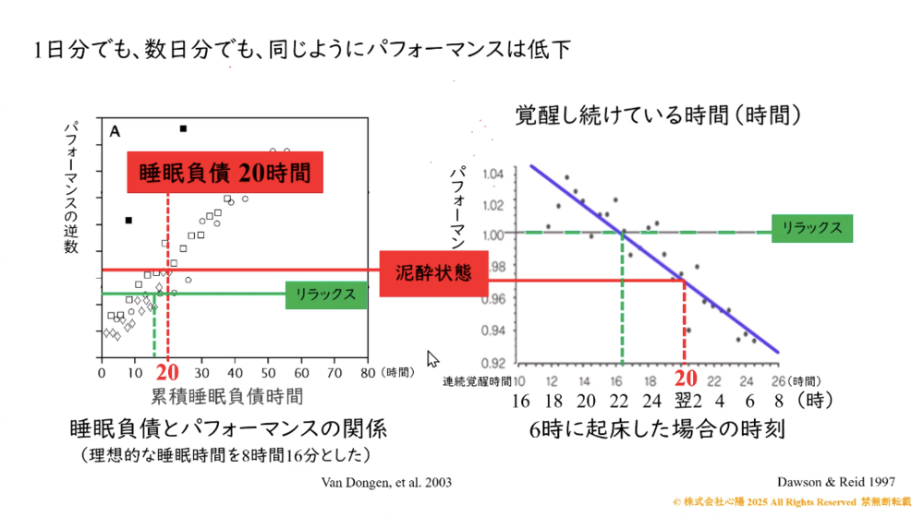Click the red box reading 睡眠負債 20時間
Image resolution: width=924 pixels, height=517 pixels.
click(225, 172)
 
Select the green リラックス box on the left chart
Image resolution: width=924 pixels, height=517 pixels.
click(324, 295)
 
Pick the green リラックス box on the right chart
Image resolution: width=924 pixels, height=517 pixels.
click(810, 228)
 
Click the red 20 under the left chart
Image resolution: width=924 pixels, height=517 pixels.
click(167, 373)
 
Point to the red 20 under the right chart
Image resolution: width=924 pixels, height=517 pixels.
click(685, 378)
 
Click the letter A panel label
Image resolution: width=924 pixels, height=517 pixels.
click(115, 132)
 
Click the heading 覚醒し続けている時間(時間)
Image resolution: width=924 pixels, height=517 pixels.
click(657, 115)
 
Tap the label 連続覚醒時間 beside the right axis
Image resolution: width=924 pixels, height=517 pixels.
click(476, 380)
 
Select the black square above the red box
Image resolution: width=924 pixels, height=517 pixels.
click(184, 128)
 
